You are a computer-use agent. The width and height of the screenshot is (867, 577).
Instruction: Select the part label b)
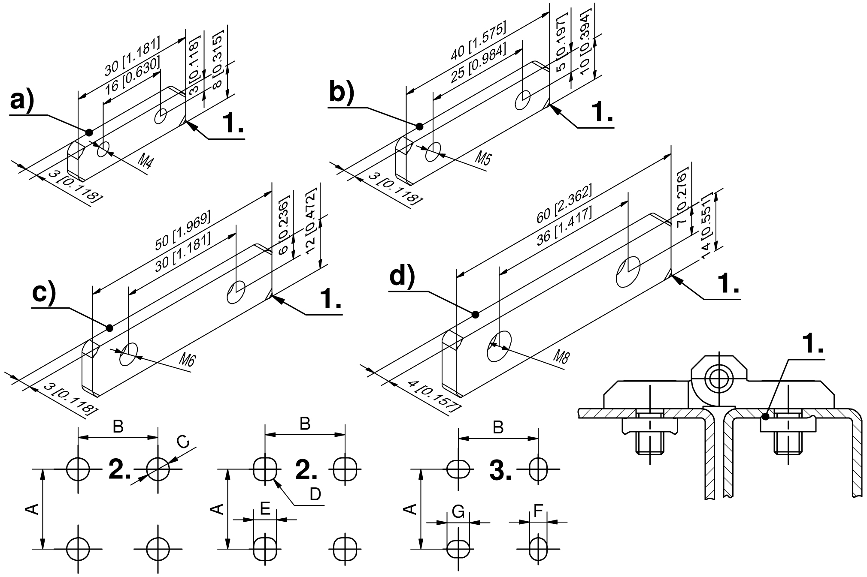pyautogui.click(x=341, y=93)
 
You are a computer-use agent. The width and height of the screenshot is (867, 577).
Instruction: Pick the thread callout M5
pyautogui.click(x=482, y=158)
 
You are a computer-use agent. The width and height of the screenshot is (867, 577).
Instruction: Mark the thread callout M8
pyautogui.click(x=561, y=356)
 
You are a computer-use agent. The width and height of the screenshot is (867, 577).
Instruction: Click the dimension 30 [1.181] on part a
pyautogui.click(x=132, y=57)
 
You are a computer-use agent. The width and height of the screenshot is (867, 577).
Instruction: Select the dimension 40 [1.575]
pyautogui.click(x=478, y=41)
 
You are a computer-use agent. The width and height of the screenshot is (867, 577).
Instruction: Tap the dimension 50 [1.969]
pyautogui.click(x=183, y=231)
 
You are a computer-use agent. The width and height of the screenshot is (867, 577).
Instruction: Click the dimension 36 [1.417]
pyautogui.click(x=564, y=226)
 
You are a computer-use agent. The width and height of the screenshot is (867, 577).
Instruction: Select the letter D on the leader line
pyautogui.click(x=315, y=494)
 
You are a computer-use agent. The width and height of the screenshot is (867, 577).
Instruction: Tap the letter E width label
pyautogui.click(x=265, y=509)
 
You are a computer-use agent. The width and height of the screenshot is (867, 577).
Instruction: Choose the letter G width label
pyautogui.click(x=458, y=512)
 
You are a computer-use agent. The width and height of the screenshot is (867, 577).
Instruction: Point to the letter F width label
pyautogui.click(x=538, y=511)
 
